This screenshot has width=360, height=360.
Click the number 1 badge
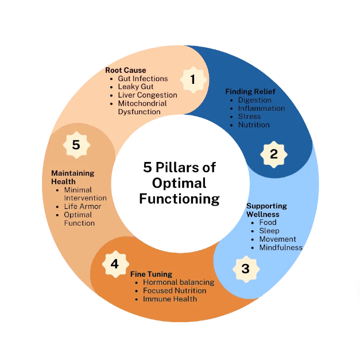coord(193,79)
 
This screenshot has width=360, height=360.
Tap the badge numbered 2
coord(273,154)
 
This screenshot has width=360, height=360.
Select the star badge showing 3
coord(245,268)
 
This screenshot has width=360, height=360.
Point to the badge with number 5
coord(76,145)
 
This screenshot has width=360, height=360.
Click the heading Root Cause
coord(126,70)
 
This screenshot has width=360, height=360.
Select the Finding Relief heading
coord(250,91)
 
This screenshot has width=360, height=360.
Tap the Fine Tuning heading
coord(151,274)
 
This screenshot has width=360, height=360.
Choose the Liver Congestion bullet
coord(148,95)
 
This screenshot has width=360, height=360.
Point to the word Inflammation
coord(261,108)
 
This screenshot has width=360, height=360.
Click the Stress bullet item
coord(250,117)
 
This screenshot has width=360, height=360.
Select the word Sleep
coord(269,230)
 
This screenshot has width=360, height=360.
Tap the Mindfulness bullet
coord(281,247)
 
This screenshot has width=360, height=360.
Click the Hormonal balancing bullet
coord(179,282)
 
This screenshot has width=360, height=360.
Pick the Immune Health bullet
coord(170,299)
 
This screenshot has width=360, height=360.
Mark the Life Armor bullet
coord(83,206)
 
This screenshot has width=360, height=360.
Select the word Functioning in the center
coord(179,199)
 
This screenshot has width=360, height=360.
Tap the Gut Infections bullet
coord(143,79)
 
